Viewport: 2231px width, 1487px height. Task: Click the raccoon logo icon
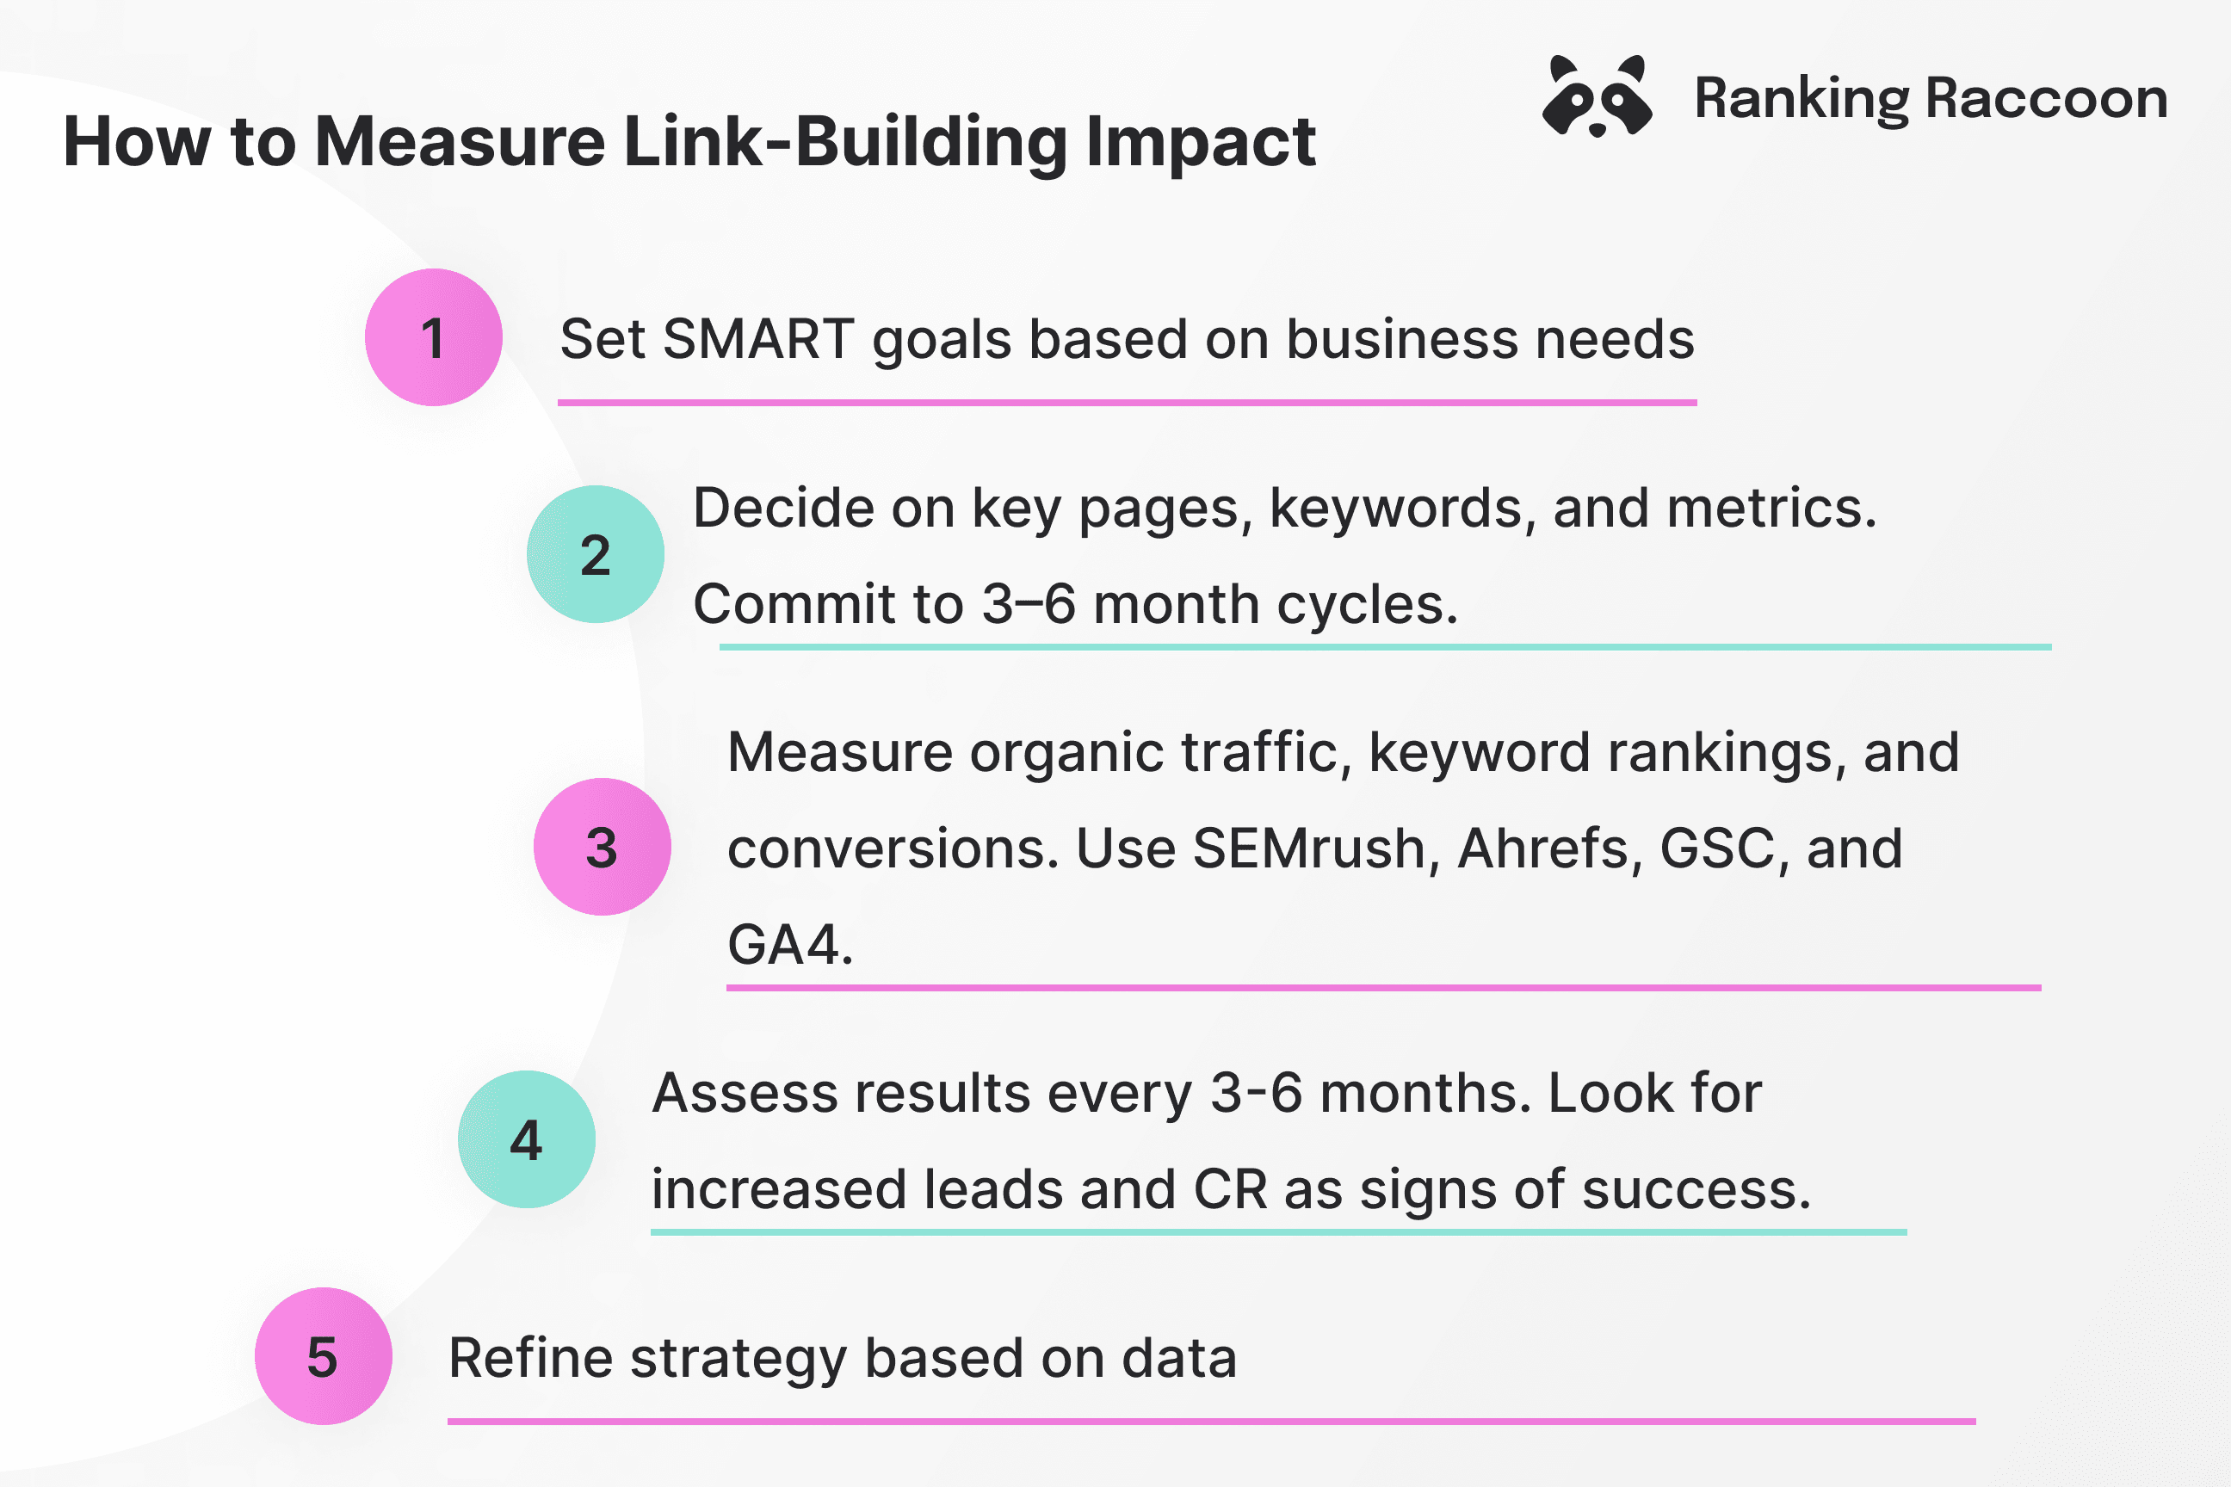pos(1598,96)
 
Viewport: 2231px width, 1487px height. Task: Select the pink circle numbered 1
pos(434,337)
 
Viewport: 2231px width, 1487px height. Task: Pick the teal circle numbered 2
pos(595,555)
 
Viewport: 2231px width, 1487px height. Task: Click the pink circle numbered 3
pos(602,847)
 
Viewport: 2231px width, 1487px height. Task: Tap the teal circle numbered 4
pos(527,1139)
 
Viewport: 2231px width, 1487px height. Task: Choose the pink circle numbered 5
pos(323,1356)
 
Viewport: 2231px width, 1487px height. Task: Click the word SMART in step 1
pos(758,340)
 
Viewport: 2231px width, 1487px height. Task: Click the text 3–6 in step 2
pos(1029,605)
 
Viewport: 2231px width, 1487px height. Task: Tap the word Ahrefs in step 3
pos(1550,848)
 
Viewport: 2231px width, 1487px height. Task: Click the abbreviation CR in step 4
pos(1230,1190)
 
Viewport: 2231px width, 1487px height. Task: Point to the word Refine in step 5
pos(530,1358)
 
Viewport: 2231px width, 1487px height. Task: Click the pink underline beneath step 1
pos(1126,403)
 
